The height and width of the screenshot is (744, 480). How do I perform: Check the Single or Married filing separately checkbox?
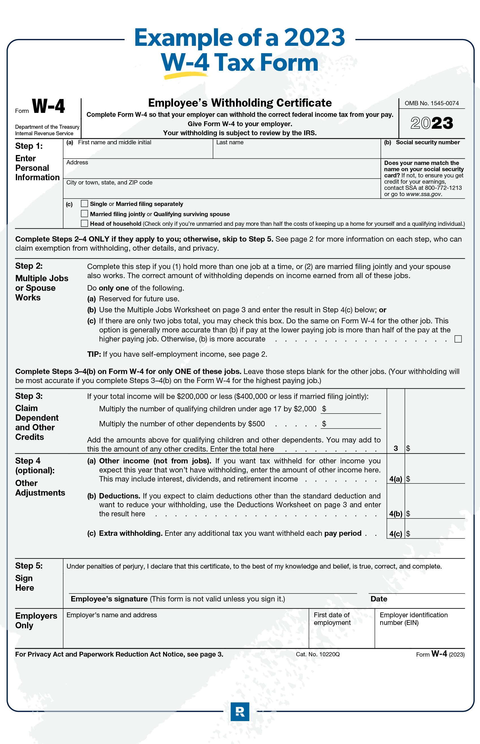(84, 204)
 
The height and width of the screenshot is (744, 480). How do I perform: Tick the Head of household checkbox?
(84, 223)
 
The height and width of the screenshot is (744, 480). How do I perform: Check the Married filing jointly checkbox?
(84, 214)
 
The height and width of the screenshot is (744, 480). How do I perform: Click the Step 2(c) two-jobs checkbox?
(458, 339)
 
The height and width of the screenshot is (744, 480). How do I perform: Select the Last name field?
(296, 151)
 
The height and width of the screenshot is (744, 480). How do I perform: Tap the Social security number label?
(427, 143)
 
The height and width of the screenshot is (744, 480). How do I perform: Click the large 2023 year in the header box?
(432, 123)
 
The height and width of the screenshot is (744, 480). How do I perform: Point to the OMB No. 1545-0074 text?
(431, 103)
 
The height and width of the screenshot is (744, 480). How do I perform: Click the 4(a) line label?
(395, 479)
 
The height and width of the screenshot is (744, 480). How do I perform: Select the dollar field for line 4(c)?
(436, 533)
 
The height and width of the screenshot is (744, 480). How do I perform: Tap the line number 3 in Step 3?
(395, 448)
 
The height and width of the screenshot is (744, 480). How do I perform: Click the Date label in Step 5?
(379, 599)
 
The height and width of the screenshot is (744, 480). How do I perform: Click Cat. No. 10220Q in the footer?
(318, 654)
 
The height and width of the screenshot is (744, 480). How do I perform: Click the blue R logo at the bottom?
(240, 711)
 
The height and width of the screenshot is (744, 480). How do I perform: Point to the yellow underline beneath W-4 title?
(185, 75)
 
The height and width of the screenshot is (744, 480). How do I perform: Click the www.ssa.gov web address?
(423, 194)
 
